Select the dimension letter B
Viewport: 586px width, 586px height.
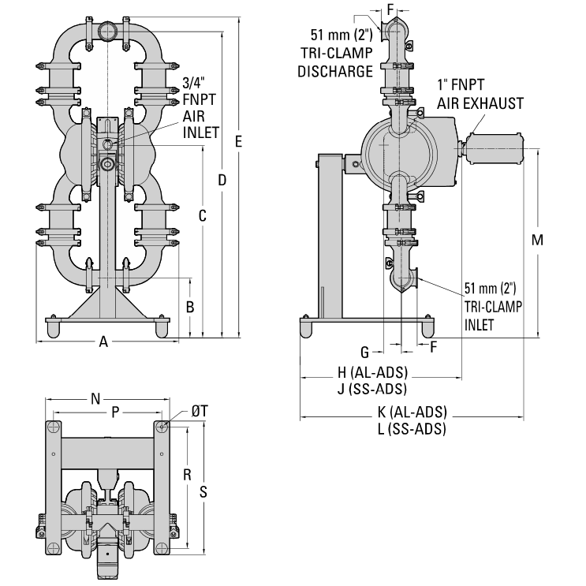(190, 306)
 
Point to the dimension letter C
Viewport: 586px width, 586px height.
(203, 215)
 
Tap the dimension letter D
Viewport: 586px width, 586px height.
(222, 181)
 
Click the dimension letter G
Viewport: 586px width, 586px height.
(364, 350)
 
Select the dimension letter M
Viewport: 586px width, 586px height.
(537, 241)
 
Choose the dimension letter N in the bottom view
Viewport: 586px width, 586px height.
(95, 400)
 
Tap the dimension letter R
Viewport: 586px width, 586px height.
(187, 475)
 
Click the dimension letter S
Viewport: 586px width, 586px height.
(203, 491)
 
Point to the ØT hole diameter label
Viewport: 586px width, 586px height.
(200, 412)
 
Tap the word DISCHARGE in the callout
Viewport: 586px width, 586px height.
(336, 71)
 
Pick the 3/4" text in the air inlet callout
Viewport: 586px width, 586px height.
(195, 82)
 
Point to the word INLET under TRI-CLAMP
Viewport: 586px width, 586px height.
(480, 323)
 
